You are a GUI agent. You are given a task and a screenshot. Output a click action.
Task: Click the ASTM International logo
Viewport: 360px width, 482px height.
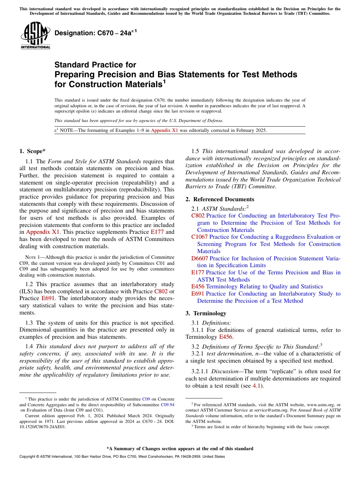[35, 36]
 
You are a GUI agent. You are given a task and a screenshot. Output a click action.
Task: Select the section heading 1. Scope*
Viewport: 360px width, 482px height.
[32, 151]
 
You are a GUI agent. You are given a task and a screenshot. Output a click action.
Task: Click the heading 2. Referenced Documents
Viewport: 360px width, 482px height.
[220, 199]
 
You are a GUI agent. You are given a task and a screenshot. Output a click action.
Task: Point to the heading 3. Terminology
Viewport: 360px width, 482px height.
[206, 313]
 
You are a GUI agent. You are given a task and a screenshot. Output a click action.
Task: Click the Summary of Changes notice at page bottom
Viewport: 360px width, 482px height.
[180, 449]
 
